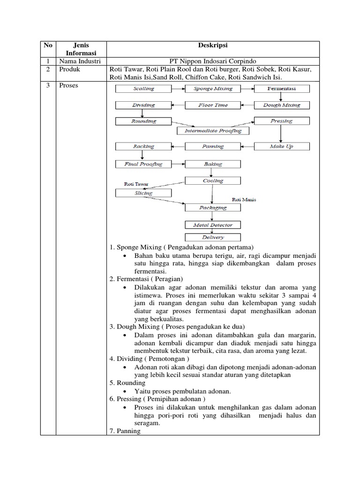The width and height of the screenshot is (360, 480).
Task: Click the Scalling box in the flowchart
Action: [x=143, y=89]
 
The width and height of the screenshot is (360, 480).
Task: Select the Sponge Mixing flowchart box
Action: [x=213, y=89]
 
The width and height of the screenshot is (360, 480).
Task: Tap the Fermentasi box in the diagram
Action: [x=282, y=89]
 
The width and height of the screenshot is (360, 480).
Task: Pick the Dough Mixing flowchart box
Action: [x=282, y=105]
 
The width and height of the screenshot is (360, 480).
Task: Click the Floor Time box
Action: [x=213, y=105]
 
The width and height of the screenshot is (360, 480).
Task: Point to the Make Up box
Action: [x=282, y=146]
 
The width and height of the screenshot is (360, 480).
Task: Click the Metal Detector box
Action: [x=213, y=225]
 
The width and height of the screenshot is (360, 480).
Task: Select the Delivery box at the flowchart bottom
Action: [x=213, y=237]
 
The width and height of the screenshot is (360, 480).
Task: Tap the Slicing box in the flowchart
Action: [x=143, y=193]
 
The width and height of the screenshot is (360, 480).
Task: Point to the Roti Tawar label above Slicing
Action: [x=135, y=184]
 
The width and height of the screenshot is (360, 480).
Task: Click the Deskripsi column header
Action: [x=213, y=45]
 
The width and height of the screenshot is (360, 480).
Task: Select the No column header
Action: [x=47, y=45]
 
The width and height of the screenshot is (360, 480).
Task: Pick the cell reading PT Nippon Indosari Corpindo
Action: [x=213, y=61]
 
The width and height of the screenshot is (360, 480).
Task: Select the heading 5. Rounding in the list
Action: [x=127, y=383]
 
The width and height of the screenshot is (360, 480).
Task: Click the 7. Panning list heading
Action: [x=125, y=431]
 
